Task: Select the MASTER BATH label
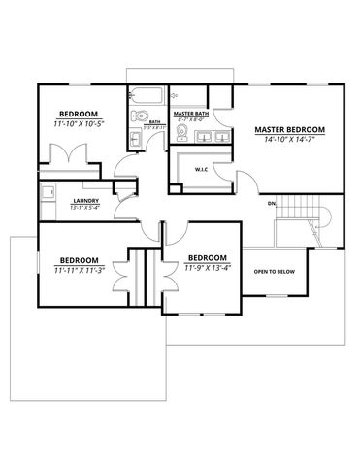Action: [192, 113]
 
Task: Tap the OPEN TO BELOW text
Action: [275, 272]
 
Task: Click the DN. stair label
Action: [273, 205]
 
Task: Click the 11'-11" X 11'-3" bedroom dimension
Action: [79, 271]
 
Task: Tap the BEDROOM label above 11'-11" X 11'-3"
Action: [79, 260]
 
